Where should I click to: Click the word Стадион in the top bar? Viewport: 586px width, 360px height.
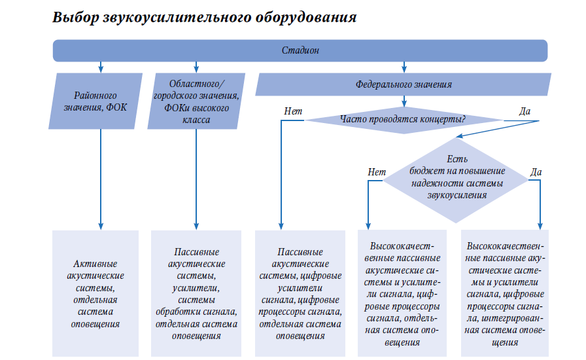[300, 50]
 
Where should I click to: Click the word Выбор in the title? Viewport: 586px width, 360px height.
[75, 18]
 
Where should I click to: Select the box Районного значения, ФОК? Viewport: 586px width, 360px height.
[95, 101]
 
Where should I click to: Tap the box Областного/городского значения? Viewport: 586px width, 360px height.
[196, 101]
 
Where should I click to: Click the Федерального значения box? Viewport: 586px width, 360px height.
[404, 84]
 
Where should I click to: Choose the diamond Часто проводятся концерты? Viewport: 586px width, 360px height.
[404, 120]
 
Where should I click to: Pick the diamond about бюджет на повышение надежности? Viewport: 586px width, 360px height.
[456, 180]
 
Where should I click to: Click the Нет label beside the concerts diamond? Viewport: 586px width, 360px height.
[293, 111]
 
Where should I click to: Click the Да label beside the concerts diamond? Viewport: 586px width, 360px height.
[525, 111]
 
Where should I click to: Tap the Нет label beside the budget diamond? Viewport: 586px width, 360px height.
[376, 171]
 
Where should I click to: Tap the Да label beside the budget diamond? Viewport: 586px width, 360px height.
[536, 171]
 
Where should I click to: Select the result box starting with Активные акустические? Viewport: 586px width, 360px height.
[95, 293]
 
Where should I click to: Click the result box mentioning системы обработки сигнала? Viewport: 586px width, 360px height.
[196, 293]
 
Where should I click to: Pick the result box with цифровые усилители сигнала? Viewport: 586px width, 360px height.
[300, 293]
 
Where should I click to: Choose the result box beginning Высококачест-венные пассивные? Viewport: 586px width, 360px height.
[402, 293]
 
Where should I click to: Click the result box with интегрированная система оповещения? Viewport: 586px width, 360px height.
[505, 293]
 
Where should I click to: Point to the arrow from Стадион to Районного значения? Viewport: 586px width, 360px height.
[101, 67]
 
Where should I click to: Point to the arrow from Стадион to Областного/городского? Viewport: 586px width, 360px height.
[196, 67]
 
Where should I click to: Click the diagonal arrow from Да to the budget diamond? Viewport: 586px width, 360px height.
[498, 129]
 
